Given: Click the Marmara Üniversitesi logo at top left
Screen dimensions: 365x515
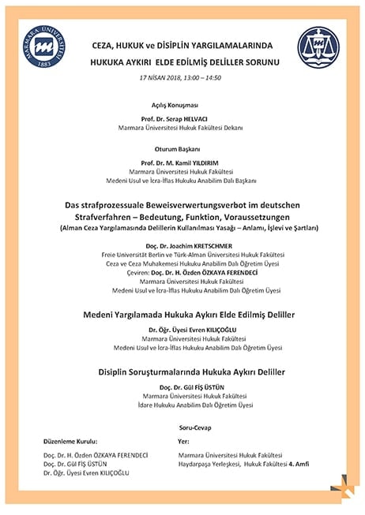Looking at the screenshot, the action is pyautogui.click(x=45, y=47).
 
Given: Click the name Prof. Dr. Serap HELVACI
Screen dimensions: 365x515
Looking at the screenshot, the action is pyautogui.click(x=182, y=118).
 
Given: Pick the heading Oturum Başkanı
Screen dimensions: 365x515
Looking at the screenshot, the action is pyautogui.click(x=182, y=147).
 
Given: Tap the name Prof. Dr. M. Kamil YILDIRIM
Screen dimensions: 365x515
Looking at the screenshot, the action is pyautogui.click(x=182, y=161).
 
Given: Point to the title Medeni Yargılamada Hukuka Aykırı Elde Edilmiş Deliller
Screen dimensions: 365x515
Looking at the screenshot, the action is pyautogui.click(x=182, y=314).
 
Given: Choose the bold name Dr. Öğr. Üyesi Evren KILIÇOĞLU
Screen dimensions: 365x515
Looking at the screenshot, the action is pyautogui.click(x=182, y=329).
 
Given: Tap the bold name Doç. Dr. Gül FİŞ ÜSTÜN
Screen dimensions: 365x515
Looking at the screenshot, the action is pyautogui.click(x=182, y=386).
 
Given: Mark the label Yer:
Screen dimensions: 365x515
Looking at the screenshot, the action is pyautogui.click(x=184, y=442).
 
